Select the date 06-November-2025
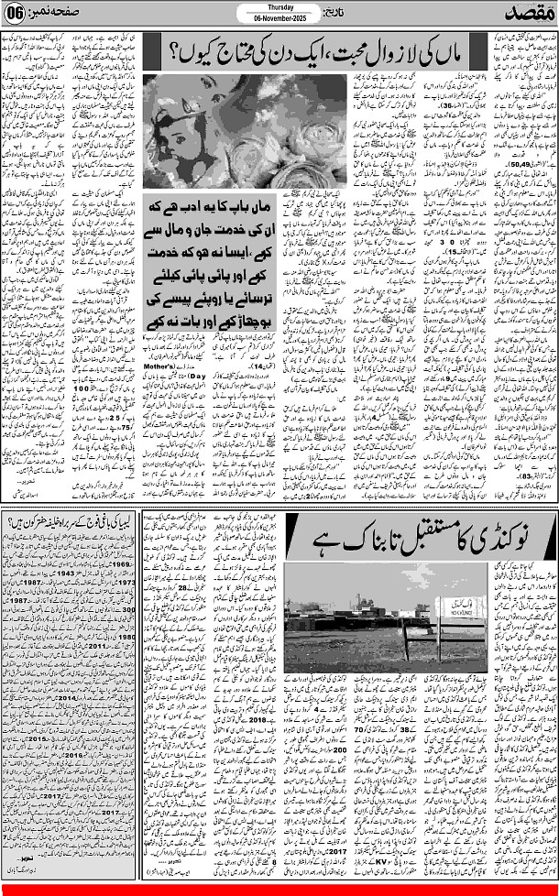277,19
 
